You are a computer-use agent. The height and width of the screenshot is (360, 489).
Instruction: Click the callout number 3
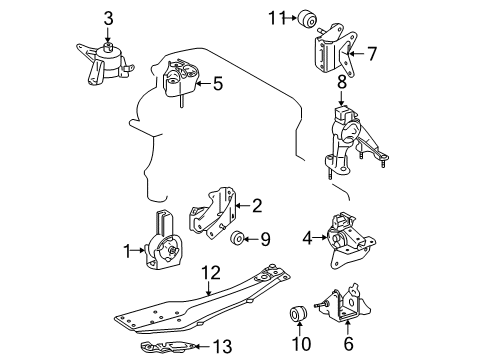109,18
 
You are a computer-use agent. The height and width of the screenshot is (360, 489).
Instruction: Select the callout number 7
371,52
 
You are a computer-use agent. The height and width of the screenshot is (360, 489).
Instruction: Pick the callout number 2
257,206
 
